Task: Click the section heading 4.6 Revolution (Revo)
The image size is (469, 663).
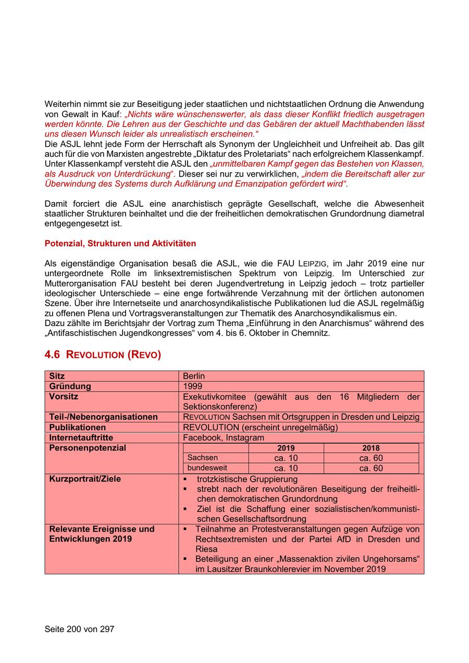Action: click(x=103, y=355)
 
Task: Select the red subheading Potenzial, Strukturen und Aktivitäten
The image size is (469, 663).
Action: click(x=120, y=243)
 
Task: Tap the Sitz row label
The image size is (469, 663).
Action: click(x=57, y=376)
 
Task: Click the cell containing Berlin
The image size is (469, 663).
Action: click(x=194, y=376)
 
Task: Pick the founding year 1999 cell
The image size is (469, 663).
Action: click(x=192, y=386)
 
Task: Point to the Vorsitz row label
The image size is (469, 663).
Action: click(x=64, y=396)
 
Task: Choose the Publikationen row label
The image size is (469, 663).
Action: click(x=78, y=427)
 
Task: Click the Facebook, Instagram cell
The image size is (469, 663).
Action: click(x=224, y=437)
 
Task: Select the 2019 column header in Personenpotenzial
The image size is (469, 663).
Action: click(x=286, y=448)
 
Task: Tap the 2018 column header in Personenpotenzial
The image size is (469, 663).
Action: click(x=371, y=448)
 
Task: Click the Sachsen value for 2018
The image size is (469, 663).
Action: click(x=371, y=458)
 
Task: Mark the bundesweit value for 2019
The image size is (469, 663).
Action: click(x=286, y=468)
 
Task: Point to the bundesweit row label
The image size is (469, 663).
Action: click(x=207, y=468)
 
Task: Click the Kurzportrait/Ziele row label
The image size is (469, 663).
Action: click(x=85, y=479)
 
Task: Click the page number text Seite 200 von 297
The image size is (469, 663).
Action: click(x=79, y=629)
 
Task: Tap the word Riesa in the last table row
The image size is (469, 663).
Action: click(x=206, y=549)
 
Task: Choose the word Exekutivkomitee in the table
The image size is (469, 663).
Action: click(x=215, y=397)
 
